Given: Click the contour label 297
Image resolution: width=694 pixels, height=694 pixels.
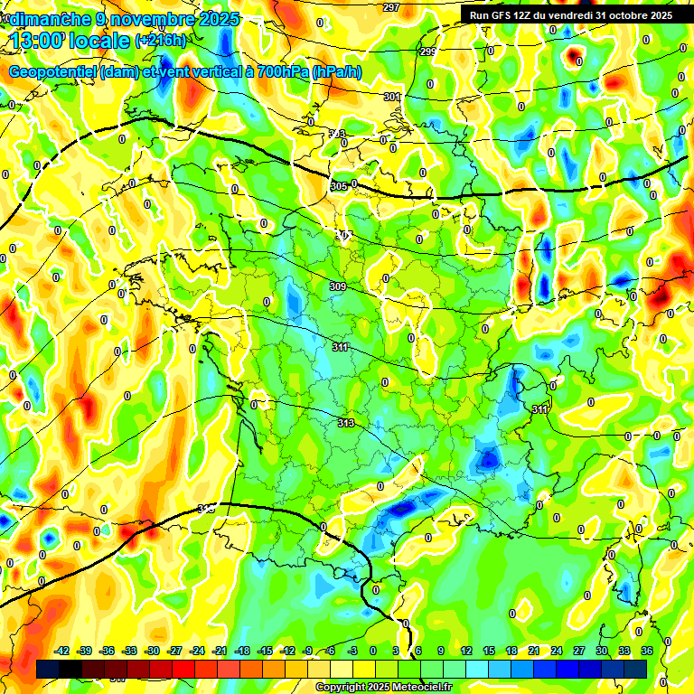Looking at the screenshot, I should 390,7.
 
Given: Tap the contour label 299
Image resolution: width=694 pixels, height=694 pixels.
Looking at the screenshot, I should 428,52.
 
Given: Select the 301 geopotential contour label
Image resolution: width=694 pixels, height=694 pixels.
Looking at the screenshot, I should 391,97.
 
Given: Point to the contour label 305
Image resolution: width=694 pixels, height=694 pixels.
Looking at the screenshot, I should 338,186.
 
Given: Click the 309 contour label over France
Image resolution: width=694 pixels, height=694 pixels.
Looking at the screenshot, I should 338,286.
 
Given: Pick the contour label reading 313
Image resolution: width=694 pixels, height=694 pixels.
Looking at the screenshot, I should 345,423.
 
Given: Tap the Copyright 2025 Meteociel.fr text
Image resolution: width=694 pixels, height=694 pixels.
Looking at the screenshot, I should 385,687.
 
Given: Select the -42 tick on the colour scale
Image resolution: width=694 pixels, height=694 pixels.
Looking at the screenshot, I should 62,651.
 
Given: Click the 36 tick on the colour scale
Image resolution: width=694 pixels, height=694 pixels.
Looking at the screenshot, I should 647,651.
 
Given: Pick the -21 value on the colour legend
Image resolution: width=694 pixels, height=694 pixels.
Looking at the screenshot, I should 220,651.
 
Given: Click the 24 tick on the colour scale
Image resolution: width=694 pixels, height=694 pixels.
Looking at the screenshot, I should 557,651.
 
